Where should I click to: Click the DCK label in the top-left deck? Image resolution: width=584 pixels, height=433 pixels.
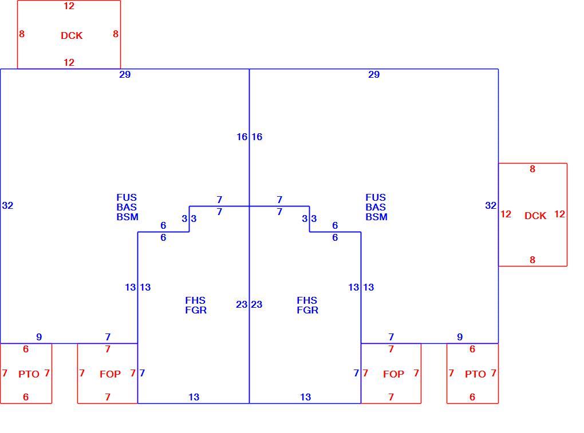click(x=72, y=35)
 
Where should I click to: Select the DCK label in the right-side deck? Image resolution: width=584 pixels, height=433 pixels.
click(x=535, y=216)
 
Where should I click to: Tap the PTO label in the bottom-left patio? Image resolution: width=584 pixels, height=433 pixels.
click(x=29, y=374)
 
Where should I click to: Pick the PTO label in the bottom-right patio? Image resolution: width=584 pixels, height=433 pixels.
click(x=475, y=374)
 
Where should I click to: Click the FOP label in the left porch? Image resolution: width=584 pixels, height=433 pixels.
click(x=111, y=374)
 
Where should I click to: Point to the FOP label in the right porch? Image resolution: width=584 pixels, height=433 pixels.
click(x=394, y=374)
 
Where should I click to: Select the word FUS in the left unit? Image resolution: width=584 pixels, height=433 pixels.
click(x=127, y=197)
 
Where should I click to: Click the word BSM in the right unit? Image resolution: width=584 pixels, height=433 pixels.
click(x=377, y=217)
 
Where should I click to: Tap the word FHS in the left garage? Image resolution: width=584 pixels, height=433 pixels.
click(x=195, y=300)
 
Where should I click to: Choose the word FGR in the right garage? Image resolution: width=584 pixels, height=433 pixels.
click(x=307, y=310)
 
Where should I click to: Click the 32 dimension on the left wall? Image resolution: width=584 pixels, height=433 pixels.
click(x=7, y=205)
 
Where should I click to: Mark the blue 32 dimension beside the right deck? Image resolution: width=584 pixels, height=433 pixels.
click(x=491, y=205)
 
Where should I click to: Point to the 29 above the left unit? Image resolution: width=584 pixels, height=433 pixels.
click(x=125, y=74)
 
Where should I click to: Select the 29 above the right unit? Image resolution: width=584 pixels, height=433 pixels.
click(x=374, y=74)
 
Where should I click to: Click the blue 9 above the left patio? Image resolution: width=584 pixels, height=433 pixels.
click(x=39, y=337)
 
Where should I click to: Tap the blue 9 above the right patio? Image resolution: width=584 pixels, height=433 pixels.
click(x=460, y=337)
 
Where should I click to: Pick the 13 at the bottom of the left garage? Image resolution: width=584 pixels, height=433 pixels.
click(x=194, y=398)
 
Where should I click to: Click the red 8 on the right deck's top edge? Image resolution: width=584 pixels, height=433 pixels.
click(x=532, y=169)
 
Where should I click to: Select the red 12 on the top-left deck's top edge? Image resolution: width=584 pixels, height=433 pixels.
click(x=69, y=6)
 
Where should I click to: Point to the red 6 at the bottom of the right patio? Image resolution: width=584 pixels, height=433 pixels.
click(x=472, y=398)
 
